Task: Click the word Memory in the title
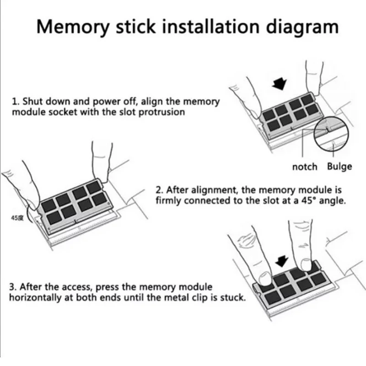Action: tap(73, 27)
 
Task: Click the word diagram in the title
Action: tap(302, 27)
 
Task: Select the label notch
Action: tap(305, 167)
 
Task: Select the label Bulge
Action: tap(339, 167)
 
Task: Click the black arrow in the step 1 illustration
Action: tap(280, 83)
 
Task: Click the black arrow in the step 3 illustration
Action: tap(281, 261)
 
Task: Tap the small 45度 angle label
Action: tap(17, 218)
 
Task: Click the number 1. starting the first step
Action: tap(16, 102)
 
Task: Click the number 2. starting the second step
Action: tap(159, 190)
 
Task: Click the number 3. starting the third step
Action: tap(13, 287)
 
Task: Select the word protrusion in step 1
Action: tap(161, 113)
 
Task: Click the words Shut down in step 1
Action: tap(47, 102)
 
